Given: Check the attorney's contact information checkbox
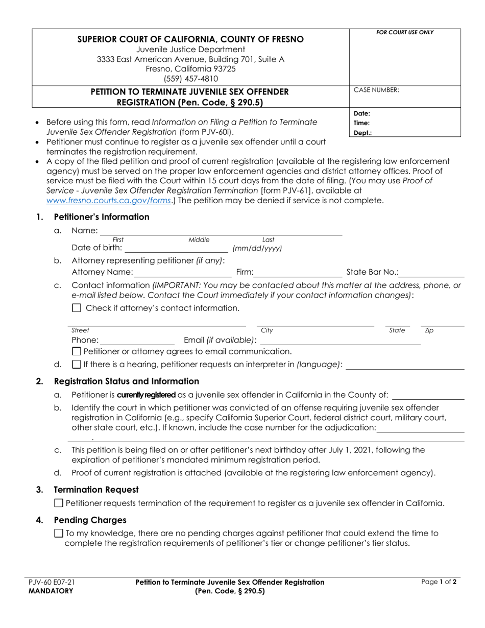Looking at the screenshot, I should tap(77, 308).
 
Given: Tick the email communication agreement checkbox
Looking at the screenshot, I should tap(77, 351).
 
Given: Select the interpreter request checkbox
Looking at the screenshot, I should tap(77, 365).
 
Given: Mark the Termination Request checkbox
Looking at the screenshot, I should tap(59, 503).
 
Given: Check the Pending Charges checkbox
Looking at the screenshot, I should tap(59, 534).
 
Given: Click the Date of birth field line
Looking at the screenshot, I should tap(176, 249).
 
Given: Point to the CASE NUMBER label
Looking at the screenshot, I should tap(376, 90).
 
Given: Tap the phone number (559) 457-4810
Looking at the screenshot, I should tap(190, 79).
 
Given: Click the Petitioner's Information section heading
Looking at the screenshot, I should tap(102, 217).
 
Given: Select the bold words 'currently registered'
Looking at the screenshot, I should tap(147, 395).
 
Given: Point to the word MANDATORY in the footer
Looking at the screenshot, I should tap(51, 591).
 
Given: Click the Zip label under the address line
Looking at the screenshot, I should tap(429, 330).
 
